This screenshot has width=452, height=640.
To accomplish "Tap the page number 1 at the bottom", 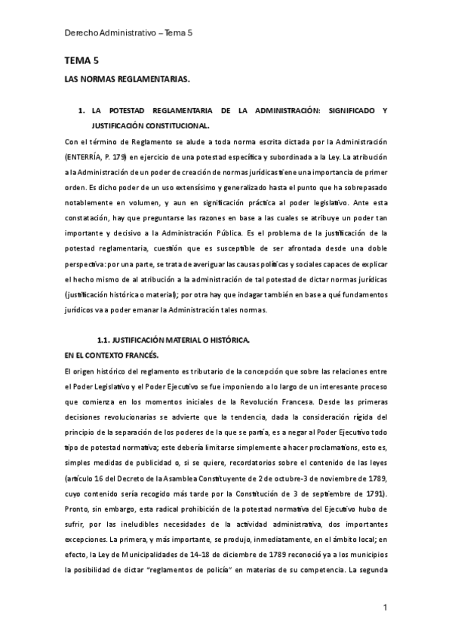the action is [x=385, y=608].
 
